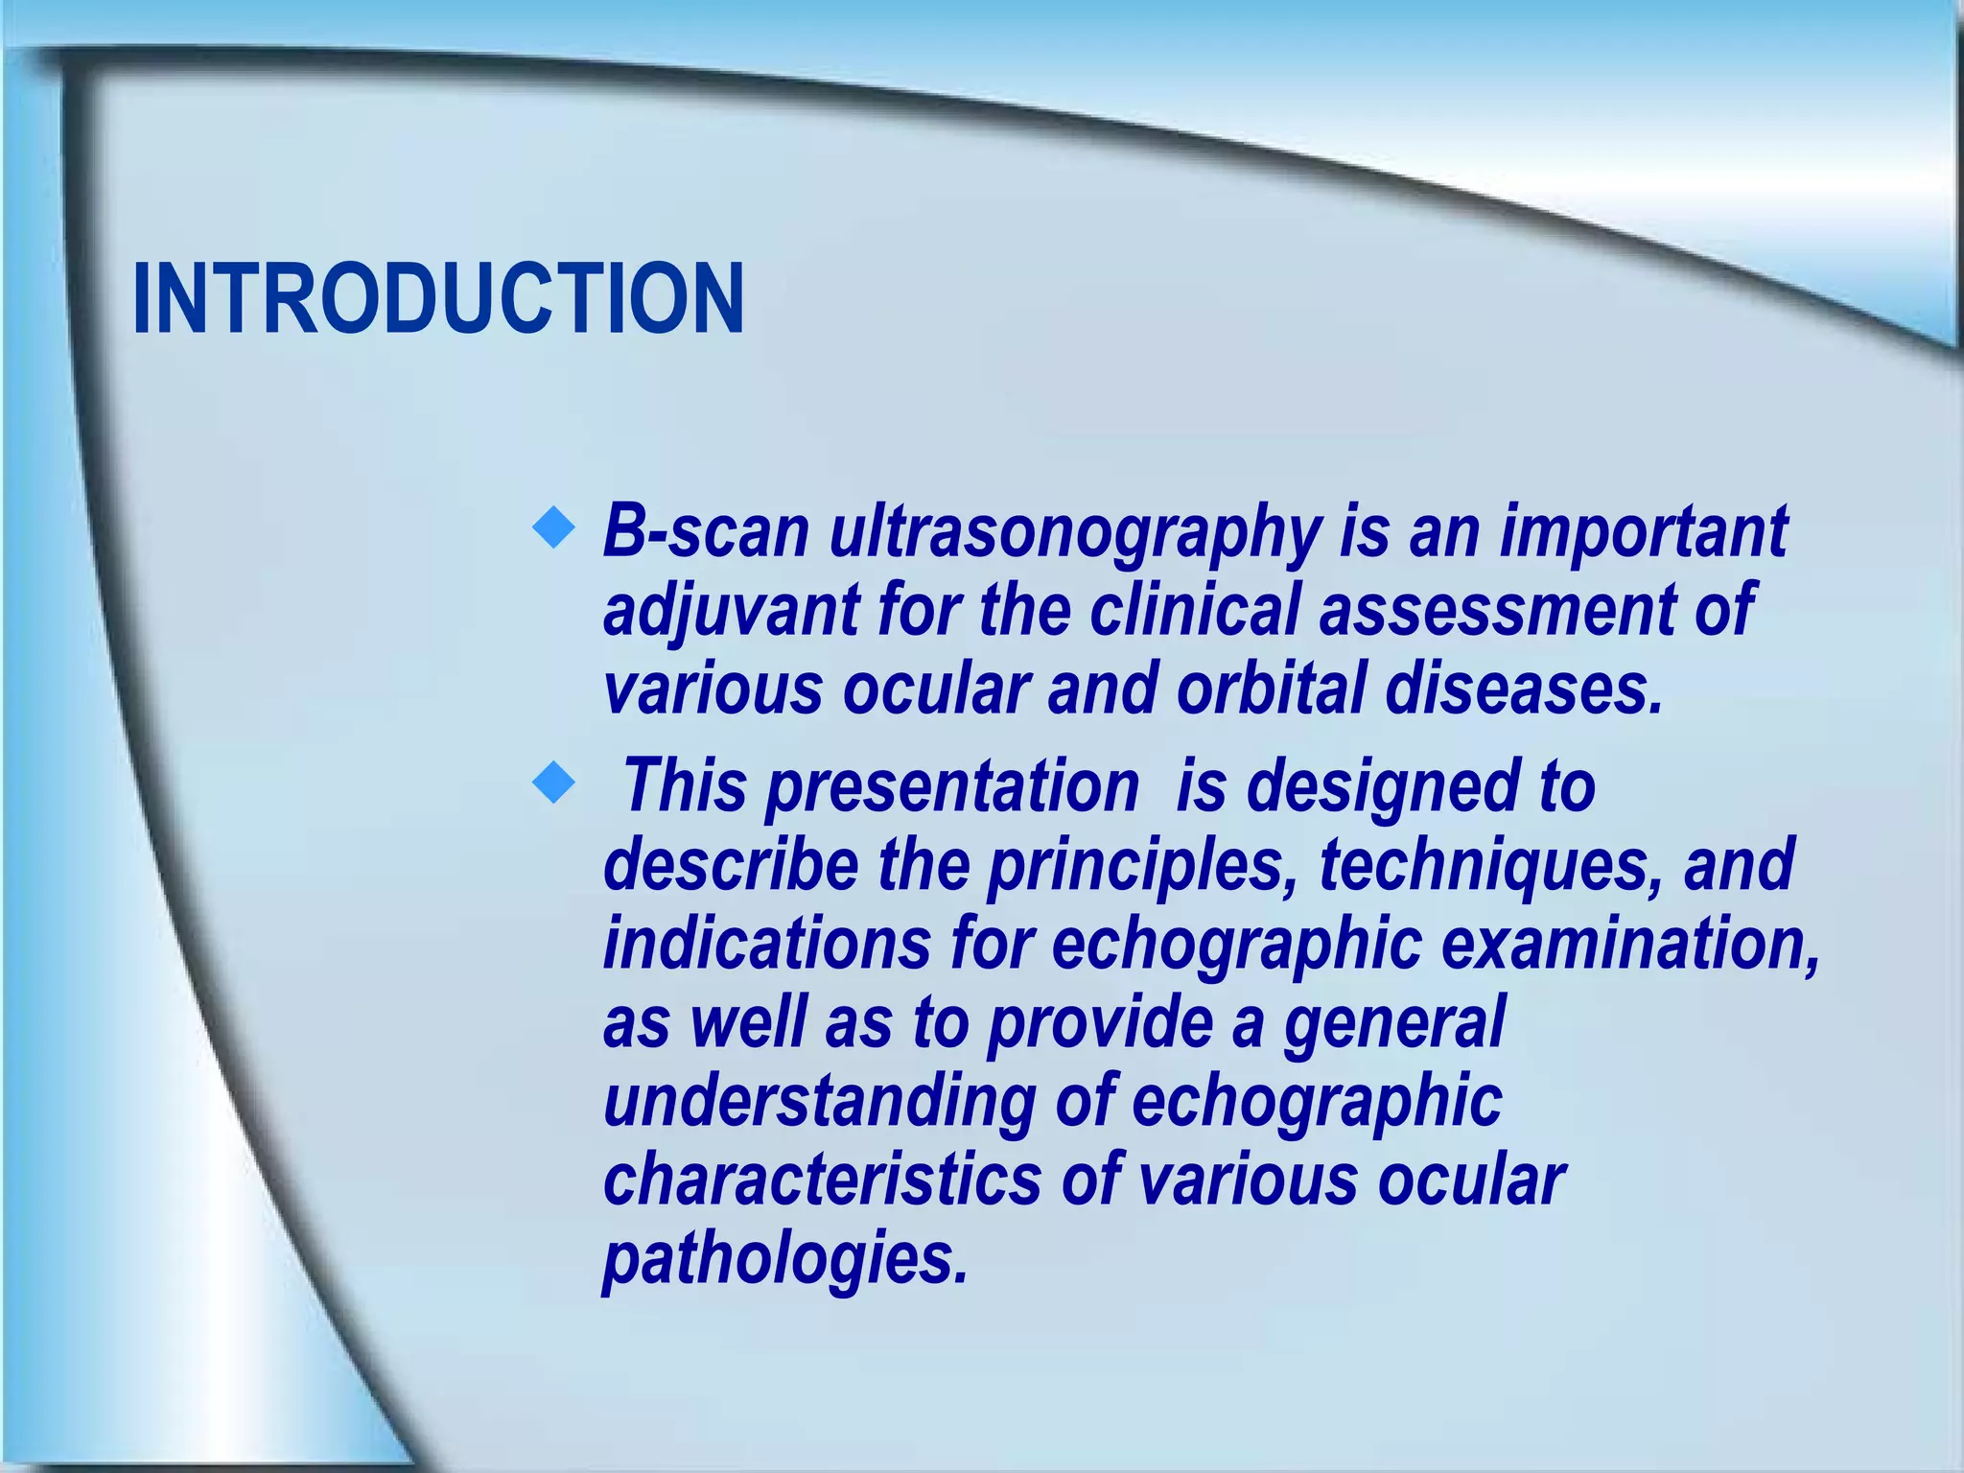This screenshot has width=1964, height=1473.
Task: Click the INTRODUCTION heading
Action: click(437, 299)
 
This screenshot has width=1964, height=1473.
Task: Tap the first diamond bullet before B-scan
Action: click(553, 528)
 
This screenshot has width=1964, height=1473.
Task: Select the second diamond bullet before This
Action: click(553, 783)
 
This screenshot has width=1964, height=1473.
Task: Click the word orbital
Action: click(1271, 690)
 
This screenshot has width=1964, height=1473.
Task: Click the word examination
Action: click(1630, 944)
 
